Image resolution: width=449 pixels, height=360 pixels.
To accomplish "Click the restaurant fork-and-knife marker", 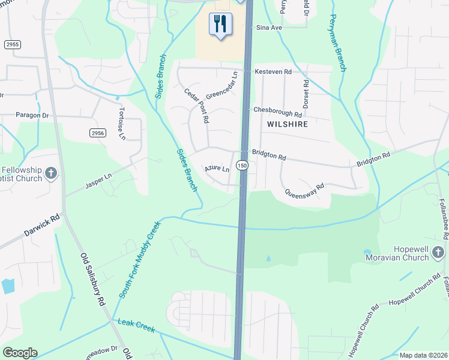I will click(220, 24).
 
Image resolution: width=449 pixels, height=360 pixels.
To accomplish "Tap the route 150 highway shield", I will click(242, 165).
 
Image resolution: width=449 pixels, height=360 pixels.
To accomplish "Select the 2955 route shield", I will click(11, 44).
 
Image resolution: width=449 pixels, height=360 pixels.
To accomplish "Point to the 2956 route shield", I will click(98, 133).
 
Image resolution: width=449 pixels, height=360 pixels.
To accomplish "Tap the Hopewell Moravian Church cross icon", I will click(438, 252).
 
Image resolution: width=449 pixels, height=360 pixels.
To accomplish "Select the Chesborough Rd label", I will click(277, 112).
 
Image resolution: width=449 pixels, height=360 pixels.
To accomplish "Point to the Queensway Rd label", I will click(304, 190).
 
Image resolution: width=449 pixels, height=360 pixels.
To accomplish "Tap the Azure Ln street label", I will click(217, 169).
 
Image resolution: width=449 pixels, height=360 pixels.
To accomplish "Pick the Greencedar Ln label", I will click(222, 86).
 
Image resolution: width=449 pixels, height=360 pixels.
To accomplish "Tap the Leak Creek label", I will click(137, 326).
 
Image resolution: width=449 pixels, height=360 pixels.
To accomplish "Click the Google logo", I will click(20, 353).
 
